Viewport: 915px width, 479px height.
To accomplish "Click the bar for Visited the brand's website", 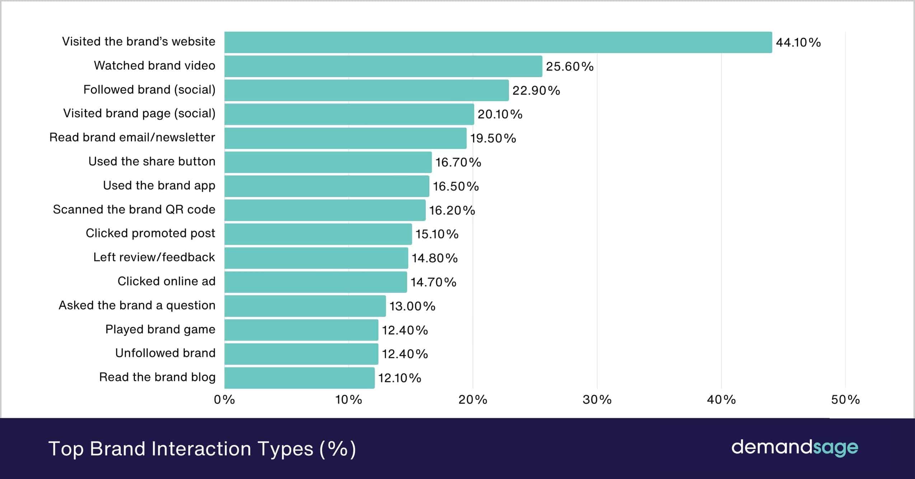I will click(x=498, y=42).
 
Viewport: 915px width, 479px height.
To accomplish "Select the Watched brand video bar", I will click(x=383, y=66).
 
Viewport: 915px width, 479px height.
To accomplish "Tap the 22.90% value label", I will click(x=536, y=90).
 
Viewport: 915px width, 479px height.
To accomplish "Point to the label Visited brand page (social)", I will click(x=139, y=113).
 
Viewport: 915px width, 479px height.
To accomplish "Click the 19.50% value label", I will click(x=493, y=138).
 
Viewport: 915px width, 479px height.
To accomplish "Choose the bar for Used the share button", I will click(x=328, y=162).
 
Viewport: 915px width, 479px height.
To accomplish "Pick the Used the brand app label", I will click(x=159, y=186).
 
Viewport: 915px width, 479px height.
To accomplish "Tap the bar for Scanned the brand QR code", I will click(x=325, y=210).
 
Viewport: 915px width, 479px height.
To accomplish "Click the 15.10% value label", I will click(x=437, y=234).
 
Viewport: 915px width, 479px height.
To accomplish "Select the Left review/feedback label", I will click(x=154, y=257).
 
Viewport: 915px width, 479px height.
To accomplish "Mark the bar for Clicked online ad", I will click(x=316, y=282).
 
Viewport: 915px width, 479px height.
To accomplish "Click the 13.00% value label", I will click(x=412, y=306).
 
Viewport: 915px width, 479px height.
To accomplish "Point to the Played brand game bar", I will click(x=301, y=330).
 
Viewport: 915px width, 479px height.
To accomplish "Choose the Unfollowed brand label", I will click(x=165, y=353).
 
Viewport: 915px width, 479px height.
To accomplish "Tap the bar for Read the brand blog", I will click(x=300, y=378).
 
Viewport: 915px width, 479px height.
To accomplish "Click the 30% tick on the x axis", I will click(x=597, y=400).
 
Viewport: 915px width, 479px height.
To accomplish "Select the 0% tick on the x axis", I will click(x=224, y=400).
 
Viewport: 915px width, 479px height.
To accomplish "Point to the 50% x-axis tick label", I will click(x=845, y=400).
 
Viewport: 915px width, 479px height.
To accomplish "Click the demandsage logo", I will click(x=794, y=448).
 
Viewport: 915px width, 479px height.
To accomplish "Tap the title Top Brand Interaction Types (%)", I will click(x=202, y=449).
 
